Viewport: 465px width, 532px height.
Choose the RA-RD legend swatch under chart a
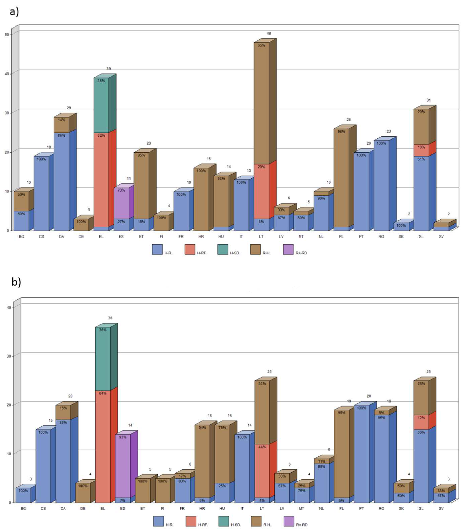point(288,249)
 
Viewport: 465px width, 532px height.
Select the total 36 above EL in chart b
point(110,318)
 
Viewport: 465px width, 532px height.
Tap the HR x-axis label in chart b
point(202,509)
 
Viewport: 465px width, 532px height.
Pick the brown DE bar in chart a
point(81,225)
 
